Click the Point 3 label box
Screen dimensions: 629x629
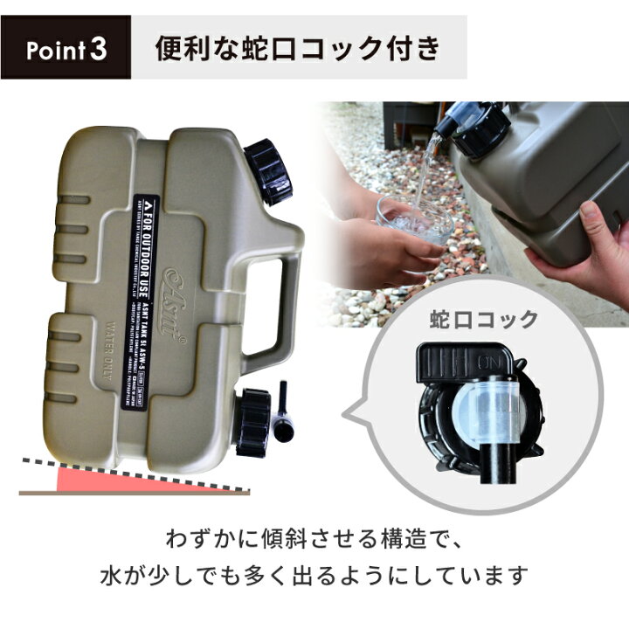(x=65, y=49)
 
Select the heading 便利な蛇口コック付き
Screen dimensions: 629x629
(x=298, y=49)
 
